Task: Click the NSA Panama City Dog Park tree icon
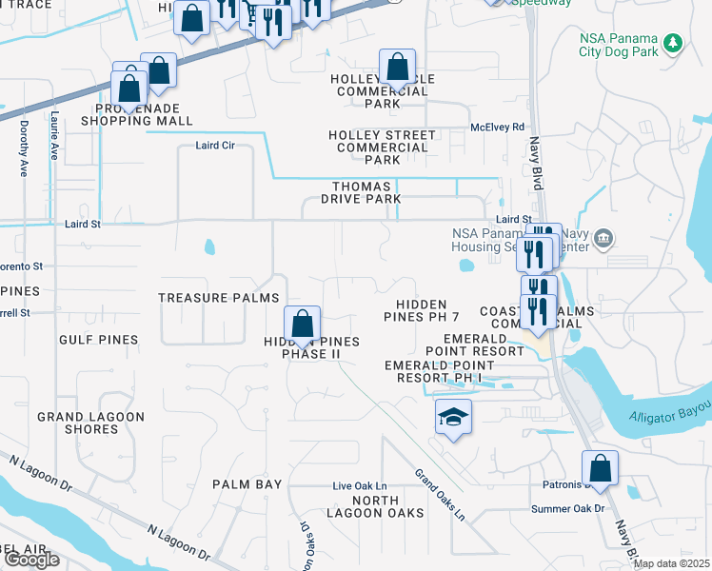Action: pyautogui.click(x=673, y=43)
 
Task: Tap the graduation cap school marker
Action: pyautogui.click(x=453, y=416)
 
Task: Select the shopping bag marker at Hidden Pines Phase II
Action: pyautogui.click(x=303, y=325)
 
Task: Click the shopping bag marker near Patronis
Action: pyautogui.click(x=600, y=468)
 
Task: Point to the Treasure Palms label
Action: pyautogui.click(x=219, y=298)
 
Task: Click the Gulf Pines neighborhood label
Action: pyautogui.click(x=98, y=340)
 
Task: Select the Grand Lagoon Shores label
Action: pyautogui.click(x=90, y=423)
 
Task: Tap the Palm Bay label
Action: pyautogui.click(x=247, y=484)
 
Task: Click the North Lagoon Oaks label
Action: pyautogui.click(x=387, y=507)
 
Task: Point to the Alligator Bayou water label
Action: pyautogui.click(x=670, y=417)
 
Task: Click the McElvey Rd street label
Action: pyautogui.click(x=497, y=127)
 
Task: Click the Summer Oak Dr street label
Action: pyautogui.click(x=568, y=508)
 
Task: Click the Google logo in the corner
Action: pyautogui.click(x=30, y=560)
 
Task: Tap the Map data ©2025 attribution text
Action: pyautogui.click(x=670, y=563)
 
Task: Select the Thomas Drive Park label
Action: pyautogui.click(x=366, y=192)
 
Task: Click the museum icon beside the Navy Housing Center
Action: pyautogui.click(x=603, y=237)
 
